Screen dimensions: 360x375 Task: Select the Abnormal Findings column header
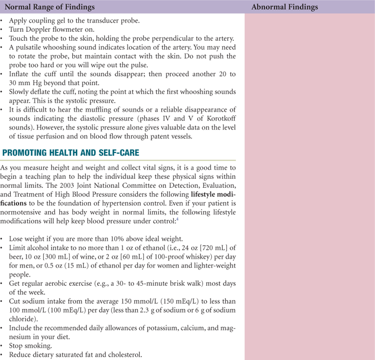[x=284, y=7]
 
